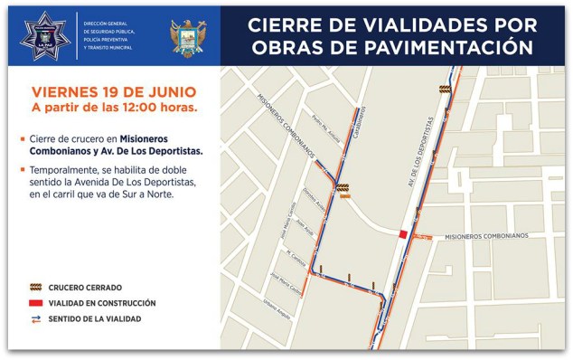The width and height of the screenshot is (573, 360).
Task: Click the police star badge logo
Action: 43,36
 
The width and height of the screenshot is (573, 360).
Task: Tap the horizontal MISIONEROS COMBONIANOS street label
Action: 485,235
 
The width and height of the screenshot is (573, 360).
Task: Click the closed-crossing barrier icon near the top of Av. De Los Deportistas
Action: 444,89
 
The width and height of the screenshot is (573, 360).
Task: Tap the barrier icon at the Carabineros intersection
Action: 343,189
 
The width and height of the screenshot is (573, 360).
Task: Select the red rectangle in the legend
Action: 35,303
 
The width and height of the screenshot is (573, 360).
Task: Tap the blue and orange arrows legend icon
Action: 35,318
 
